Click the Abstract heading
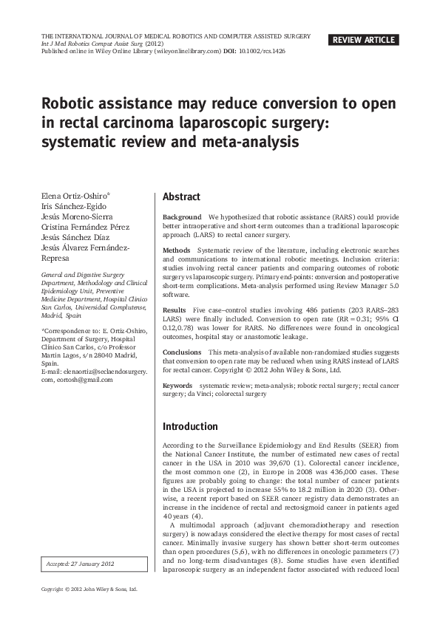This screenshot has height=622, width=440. [x=181, y=197]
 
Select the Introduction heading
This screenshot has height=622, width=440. [x=190, y=426]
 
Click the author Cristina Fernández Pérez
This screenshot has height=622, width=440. [x=85, y=227]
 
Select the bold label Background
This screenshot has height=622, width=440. [x=182, y=217]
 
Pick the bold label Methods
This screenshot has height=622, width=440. [x=177, y=250]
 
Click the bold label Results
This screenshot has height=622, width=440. [x=175, y=310]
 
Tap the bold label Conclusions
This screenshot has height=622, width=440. [x=182, y=352]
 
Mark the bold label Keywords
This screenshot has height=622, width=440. [x=177, y=386]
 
